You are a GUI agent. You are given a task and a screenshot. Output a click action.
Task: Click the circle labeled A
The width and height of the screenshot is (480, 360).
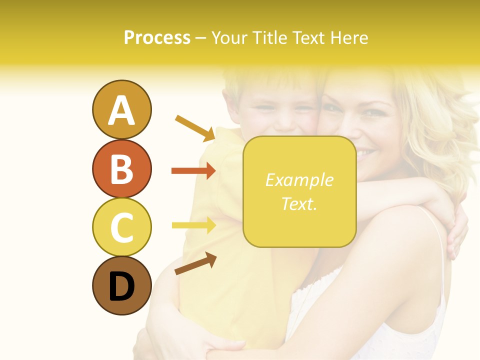pyautogui.click(x=121, y=109)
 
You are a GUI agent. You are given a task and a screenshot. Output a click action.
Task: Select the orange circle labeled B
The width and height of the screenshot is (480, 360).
pyautogui.click(x=121, y=168)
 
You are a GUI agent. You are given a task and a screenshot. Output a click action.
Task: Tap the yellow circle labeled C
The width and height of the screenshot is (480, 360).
pyautogui.click(x=121, y=227)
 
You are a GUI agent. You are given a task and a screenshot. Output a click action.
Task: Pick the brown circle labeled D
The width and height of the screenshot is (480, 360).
pyautogui.click(x=121, y=285)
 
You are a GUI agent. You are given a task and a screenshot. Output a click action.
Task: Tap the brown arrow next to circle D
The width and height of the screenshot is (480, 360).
pyautogui.click(x=195, y=263)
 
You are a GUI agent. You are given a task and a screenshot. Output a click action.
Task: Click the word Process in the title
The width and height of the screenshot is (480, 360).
pyautogui.click(x=157, y=37)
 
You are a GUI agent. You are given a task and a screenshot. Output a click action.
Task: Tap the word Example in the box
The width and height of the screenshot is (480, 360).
pyautogui.click(x=299, y=180)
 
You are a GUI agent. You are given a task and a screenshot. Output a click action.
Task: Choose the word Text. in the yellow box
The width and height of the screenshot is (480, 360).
pyautogui.click(x=299, y=203)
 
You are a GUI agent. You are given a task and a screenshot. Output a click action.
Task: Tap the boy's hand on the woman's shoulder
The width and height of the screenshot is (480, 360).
pyautogui.click(x=457, y=235)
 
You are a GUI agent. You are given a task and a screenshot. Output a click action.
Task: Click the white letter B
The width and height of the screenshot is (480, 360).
pyautogui.click(x=121, y=168)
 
